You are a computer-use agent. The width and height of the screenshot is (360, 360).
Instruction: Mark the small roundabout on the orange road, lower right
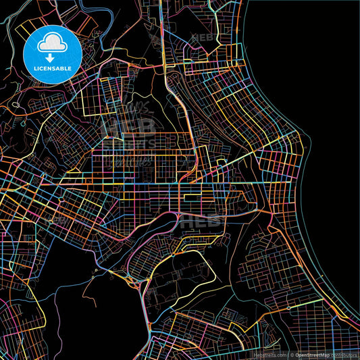288,308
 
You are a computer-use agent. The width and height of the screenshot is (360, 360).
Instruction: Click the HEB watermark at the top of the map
203,38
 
